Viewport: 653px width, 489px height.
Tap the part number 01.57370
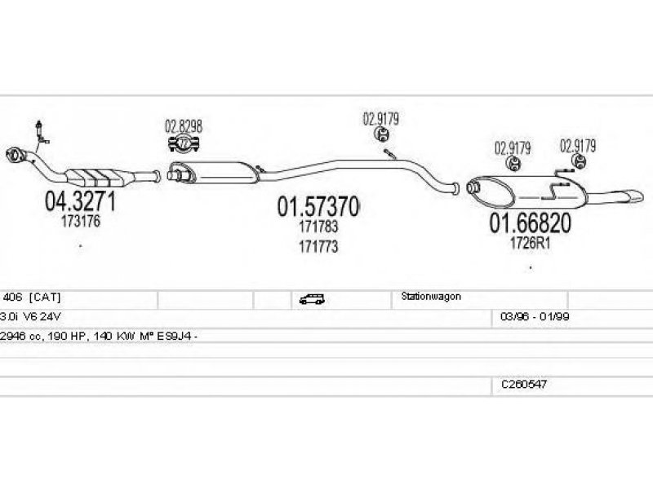(318, 208)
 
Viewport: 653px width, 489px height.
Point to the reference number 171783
(318, 229)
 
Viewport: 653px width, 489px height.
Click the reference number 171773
(318, 245)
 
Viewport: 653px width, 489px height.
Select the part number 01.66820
(530, 222)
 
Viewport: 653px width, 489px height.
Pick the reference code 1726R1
(531, 243)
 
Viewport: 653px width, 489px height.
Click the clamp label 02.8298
(184, 127)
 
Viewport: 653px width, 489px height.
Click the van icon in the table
(311, 299)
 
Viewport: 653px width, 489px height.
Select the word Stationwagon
(431, 297)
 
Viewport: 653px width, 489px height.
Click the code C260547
(524, 382)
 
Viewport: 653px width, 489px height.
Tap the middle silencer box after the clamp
(220, 171)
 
